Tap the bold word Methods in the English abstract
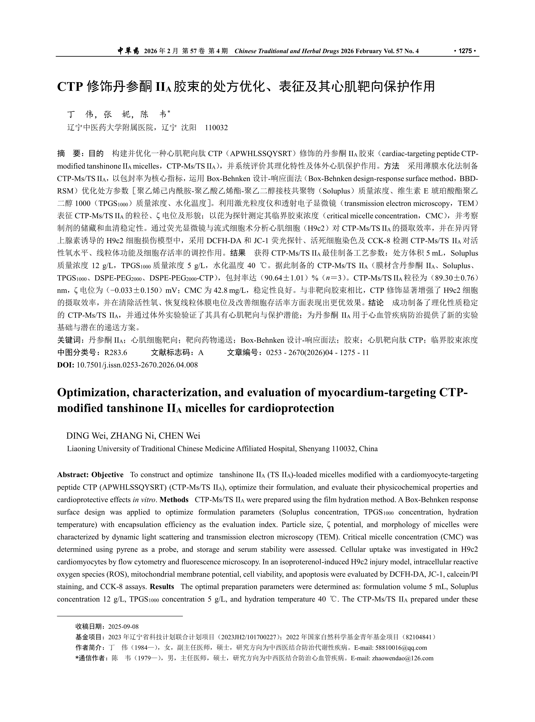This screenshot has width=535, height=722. (174, 500)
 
